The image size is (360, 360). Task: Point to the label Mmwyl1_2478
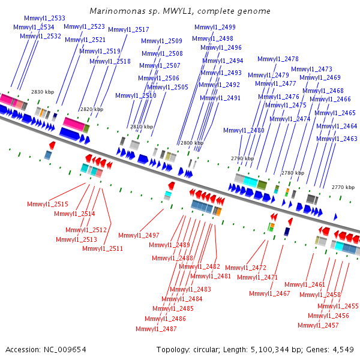(278, 59)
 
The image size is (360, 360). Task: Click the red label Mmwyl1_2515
(47, 205)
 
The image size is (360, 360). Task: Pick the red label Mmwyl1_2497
(139, 235)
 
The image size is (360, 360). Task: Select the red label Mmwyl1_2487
(156, 329)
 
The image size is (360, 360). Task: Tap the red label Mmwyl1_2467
(269, 294)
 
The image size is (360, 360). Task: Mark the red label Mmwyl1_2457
(318, 325)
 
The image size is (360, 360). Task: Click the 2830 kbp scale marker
(43, 92)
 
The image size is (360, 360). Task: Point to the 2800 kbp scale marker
(191, 143)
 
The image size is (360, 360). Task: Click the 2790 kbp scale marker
(242, 159)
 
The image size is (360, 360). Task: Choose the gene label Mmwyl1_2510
(136, 96)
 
